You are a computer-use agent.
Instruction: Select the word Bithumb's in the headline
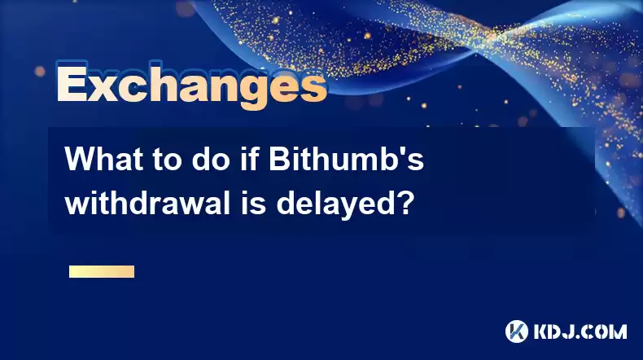click(347, 159)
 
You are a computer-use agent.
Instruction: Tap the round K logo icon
click(517, 331)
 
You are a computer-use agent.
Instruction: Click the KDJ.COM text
click(580, 331)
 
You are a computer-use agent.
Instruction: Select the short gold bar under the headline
click(102, 271)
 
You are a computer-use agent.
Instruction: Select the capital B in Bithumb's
click(280, 159)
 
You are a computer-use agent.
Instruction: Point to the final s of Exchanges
click(313, 87)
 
